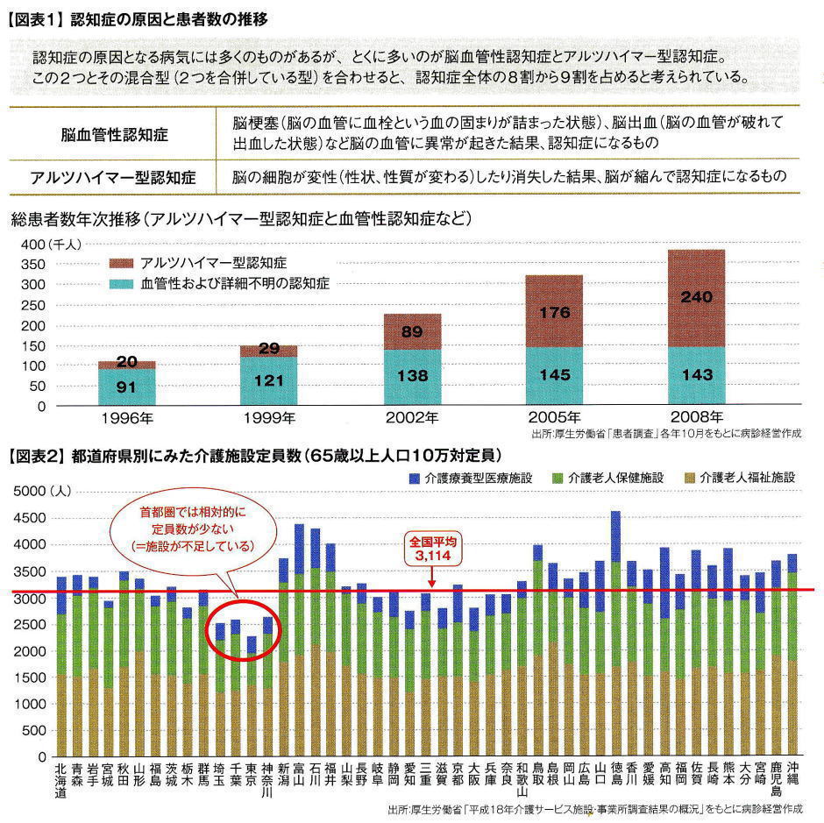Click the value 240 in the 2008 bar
click(696, 297)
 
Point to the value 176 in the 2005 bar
click(553, 312)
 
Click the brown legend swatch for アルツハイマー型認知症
click(120, 262)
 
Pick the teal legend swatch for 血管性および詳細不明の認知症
click(120, 283)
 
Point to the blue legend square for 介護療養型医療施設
click(414, 479)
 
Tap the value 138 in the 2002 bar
click(412, 375)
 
